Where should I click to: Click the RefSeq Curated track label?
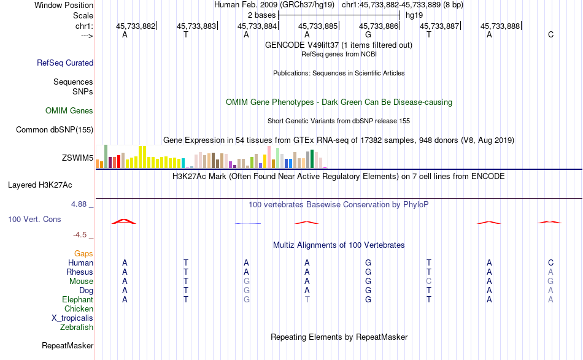pyautogui.click(x=65, y=63)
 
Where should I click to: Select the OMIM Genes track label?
pyautogui.click(x=69, y=111)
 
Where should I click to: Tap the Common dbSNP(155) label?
pyautogui.click(x=55, y=129)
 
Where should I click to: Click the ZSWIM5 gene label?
pyautogui.click(x=77, y=158)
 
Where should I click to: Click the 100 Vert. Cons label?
pyautogui.click(x=34, y=219)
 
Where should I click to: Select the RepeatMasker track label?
pyautogui.click(x=68, y=346)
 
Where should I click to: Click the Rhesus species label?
pyautogui.click(x=80, y=272)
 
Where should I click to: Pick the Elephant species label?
pyautogui.click(x=77, y=299)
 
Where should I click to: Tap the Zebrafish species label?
pyautogui.click(x=77, y=327)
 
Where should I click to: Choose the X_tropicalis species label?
pyautogui.click(x=72, y=318)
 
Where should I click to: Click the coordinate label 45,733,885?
pyautogui.click(x=318, y=26)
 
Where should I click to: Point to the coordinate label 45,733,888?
pyautogui.click(x=500, y=26)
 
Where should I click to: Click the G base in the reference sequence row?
pyautogui.click(x=368, y=34)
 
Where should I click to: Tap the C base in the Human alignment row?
pyautogui.click(x=550, y=262)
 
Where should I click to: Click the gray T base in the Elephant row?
pyautogui.click(x=307, y=299)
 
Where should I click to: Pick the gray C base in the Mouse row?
pyautogui.click(x=429, y=281)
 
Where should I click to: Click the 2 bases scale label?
pyautogui.click(x=261, y=14)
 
